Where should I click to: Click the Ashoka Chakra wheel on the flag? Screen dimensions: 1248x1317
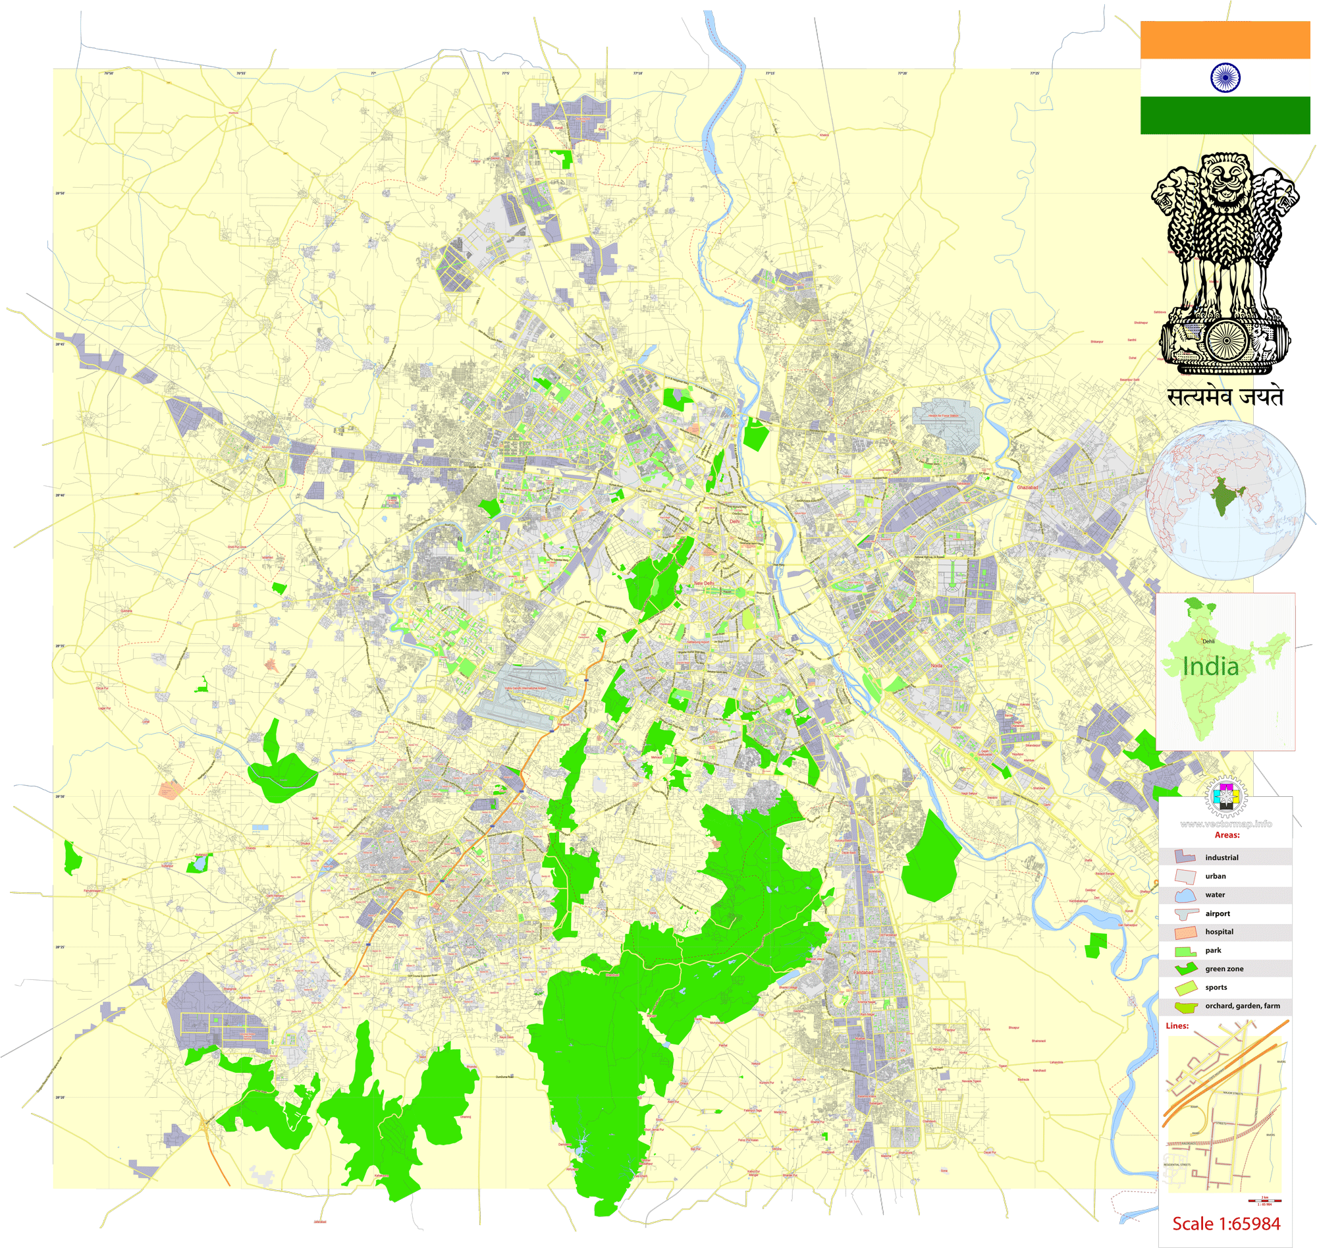pos(1225,77)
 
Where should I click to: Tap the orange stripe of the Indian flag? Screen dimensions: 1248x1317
pos(1225,40)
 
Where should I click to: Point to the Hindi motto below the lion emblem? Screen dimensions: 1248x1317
pos(1225,397)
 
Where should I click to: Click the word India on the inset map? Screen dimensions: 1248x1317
pos(1210,666)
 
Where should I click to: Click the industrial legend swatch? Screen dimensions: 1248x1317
pos(1185,857)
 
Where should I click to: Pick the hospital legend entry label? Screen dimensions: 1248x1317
pos(1220,932)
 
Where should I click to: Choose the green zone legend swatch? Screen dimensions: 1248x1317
pos(1185,969)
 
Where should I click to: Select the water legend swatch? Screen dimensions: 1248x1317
pos(1185,894)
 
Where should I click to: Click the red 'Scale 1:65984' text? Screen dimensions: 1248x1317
pos(1226,1224)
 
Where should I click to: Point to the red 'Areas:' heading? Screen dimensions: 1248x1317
pos(1227,835)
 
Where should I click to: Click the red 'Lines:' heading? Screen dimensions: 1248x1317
pos(1177,1026)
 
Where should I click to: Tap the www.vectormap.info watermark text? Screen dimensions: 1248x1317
pos(1226,824)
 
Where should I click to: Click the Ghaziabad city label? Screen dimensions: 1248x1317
pos(1027,487)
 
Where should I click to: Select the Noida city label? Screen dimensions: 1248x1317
pos(936,666)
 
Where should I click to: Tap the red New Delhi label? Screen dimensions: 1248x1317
pos(704,583)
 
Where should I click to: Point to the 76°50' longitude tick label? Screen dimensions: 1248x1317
pos(109,73)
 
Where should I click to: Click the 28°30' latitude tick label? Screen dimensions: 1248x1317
pos(60,796)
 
